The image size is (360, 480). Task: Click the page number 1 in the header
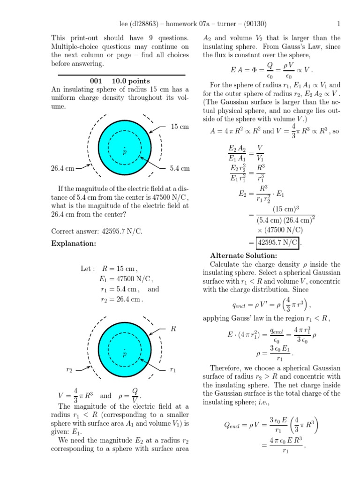click(338, 24)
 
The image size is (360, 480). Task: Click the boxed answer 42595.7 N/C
click(277, 242)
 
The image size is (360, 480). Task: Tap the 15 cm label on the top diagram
click(180, 127)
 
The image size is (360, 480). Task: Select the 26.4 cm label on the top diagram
click(63, 168)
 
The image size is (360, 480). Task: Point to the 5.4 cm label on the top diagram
click(180, 168)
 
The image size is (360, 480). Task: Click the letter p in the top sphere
click(125, 152)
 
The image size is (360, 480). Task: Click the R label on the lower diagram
click(173, 329)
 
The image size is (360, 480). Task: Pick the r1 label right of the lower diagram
click(173, 370)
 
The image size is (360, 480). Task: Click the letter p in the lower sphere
click(125, 354)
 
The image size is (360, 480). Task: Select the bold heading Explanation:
click(74, 244)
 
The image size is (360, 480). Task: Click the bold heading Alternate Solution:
click(244, 255)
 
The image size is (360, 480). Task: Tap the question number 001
click(96, 81)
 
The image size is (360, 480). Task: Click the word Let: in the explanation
click(88, 269)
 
